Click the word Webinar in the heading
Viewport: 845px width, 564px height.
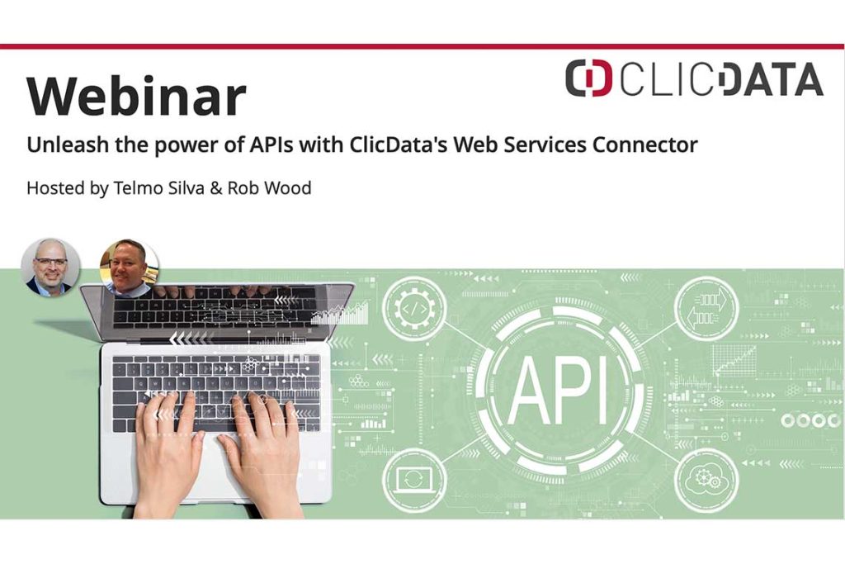point(136,97)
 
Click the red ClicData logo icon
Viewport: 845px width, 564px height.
point(588,78)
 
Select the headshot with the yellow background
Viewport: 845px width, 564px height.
point(129,267)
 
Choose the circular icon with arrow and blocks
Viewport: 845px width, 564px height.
point(706,309)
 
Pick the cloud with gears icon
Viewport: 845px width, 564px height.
point(706,481)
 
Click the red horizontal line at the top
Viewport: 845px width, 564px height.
point(422,46)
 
